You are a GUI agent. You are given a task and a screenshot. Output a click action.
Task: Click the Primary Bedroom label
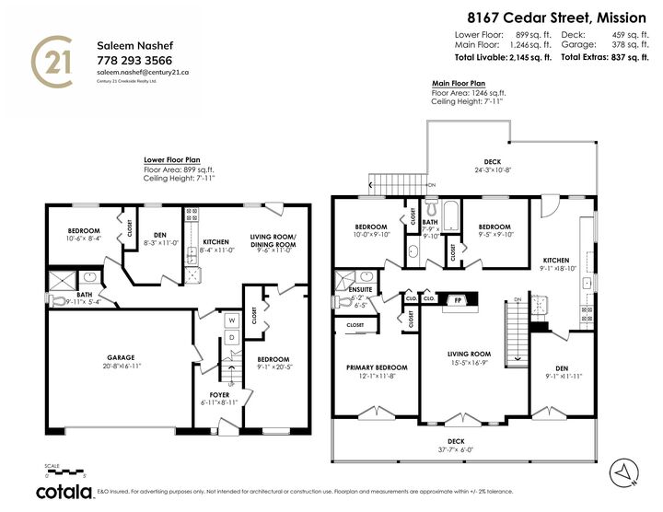376,369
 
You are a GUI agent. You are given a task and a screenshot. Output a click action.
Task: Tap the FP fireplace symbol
457,300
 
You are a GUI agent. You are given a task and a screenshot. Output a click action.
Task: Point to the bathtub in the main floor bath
451,216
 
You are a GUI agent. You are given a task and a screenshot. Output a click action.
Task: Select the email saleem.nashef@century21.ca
143,72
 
